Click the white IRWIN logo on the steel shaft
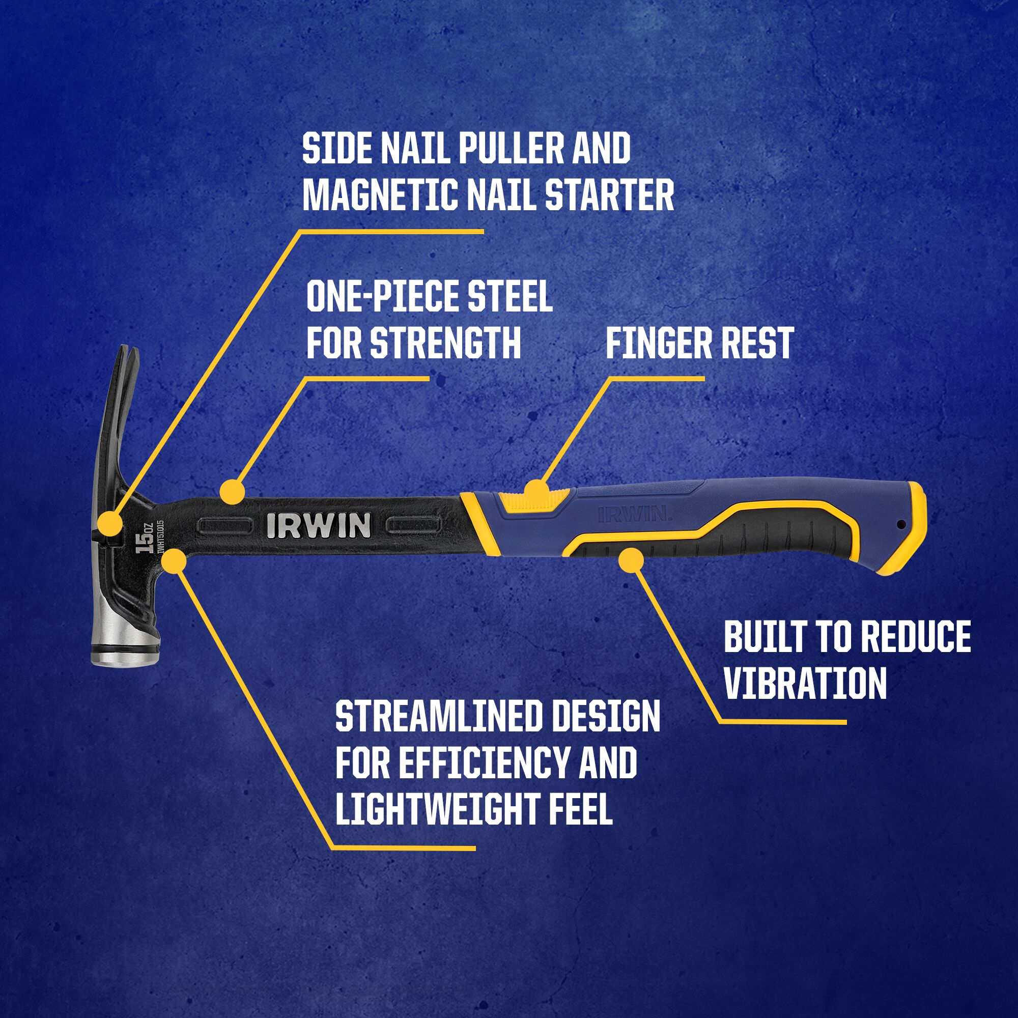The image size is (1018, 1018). [x=318, y=525]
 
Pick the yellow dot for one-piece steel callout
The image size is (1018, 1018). [x=233, y=492]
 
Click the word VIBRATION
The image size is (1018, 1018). [x=806, y=683]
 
